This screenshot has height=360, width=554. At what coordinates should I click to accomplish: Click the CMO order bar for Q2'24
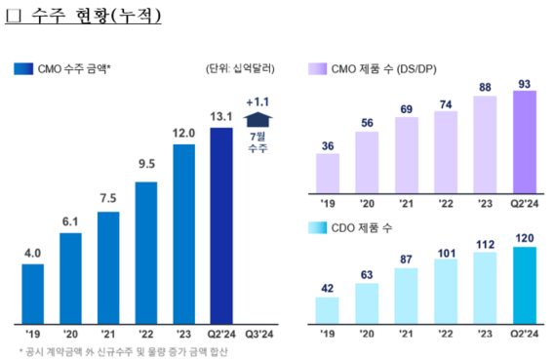[221, 224]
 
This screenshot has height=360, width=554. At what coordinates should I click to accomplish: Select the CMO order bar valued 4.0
[32, 293]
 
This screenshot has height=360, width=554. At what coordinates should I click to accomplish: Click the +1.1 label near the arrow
[258, 101]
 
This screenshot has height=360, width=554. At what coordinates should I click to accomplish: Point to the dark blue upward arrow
[258, 119]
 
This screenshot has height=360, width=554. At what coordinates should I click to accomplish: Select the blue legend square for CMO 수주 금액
[20, 68]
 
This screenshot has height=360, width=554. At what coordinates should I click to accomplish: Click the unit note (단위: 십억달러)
[240, 68]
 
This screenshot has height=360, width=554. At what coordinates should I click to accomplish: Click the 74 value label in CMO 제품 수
[446, 104]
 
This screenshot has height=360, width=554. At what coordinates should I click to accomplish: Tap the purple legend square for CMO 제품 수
[316, 68]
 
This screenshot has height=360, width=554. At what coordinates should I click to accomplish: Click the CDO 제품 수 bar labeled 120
[525, 283]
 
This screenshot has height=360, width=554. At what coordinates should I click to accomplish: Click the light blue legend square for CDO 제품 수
[316, 227]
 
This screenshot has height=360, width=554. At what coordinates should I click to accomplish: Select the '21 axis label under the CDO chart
[407, 331]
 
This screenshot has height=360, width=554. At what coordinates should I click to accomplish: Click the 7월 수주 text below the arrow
[258, 142]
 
